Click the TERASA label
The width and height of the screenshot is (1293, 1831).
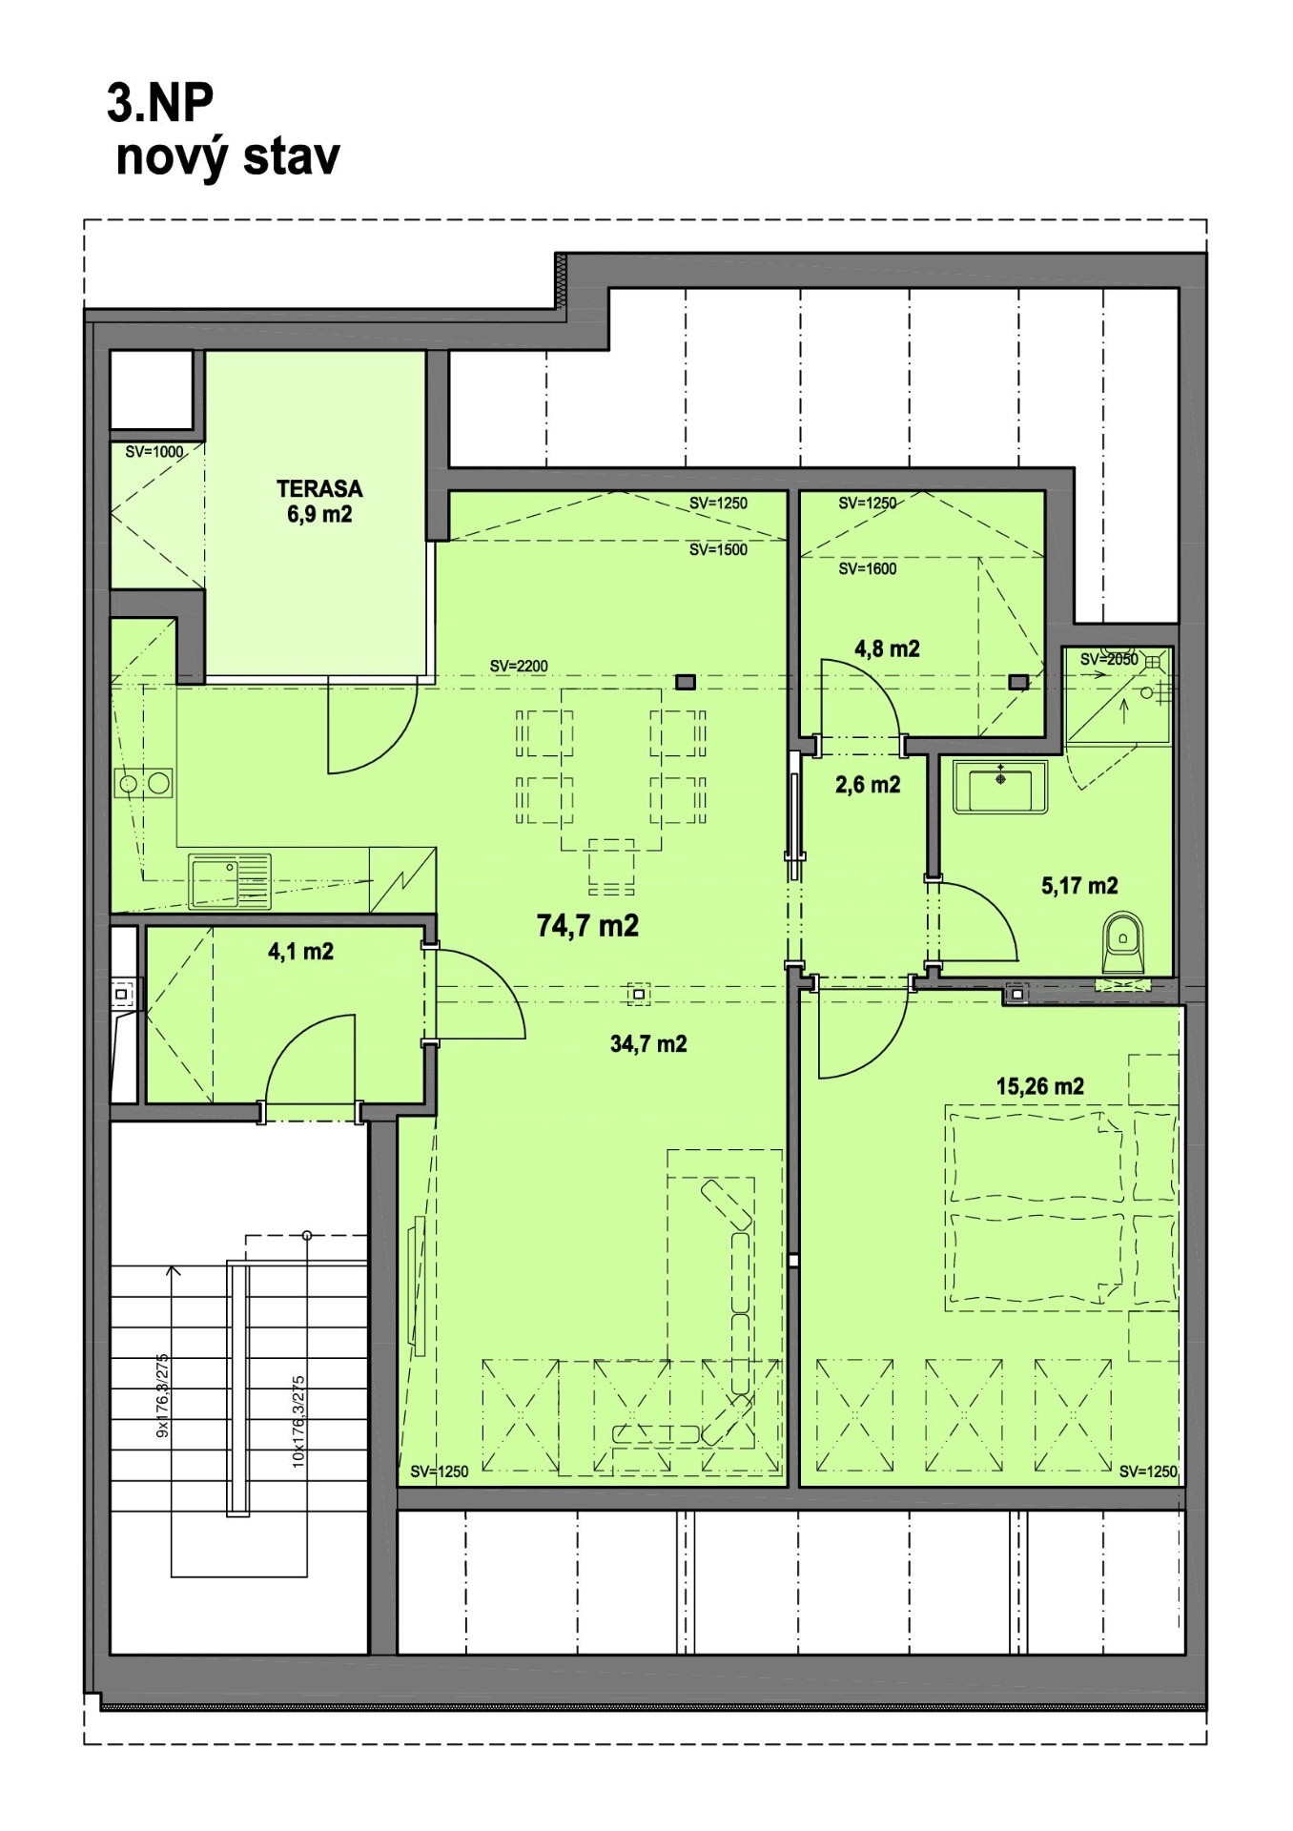[x=319, y=489]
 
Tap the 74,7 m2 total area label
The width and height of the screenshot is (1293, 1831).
[x=587, y=925]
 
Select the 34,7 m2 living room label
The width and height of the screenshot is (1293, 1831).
[x=648, y=1044]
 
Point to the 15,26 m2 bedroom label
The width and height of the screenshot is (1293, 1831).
[x=1039, y=1086]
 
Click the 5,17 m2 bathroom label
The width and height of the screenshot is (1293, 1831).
[x=1079, y=886]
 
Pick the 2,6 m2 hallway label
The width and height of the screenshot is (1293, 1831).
[x=868, y=785]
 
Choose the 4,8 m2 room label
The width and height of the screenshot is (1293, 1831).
[x=887, y=649]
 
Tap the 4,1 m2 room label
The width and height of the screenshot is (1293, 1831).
[x=300, y=952]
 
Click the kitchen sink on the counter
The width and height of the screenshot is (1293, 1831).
[x=230, y=881]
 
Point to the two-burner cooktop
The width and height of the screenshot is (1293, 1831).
[x=144, y=784]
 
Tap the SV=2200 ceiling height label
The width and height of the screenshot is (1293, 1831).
[x=519, y=666]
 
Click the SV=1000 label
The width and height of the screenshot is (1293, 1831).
[x=154, y=452]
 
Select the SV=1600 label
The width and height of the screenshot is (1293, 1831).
[x=867, y=568]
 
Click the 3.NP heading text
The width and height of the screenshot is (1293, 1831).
[x=160, y=103]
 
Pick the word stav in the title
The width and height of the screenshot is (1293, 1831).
[x=291, y=156]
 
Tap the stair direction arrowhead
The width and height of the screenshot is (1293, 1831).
[x=173, y=1270]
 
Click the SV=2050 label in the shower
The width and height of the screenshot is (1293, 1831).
[x=1108, y=659]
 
